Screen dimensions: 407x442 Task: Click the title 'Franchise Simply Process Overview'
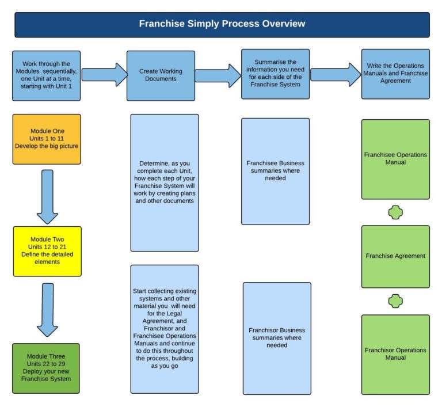tap(222, 24)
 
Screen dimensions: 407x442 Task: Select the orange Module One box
tap(47, 139)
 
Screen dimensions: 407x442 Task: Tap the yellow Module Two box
tap(47, 250)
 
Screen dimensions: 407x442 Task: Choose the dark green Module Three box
tap(46, 368)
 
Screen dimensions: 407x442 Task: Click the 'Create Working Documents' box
tap(161, 75)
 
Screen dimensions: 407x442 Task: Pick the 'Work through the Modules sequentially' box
tap(47, 75)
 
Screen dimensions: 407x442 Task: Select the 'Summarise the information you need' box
tap(275, 74)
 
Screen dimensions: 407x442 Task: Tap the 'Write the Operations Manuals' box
tap(395, 74)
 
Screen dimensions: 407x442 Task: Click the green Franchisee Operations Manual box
tap(395, 159)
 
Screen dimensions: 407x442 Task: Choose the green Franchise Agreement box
tap(395, 256)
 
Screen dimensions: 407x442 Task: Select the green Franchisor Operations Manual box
tap(395, 354)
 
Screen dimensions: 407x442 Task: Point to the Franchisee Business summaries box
tap(275, 171)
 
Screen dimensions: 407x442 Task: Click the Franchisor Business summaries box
tap(277, 338)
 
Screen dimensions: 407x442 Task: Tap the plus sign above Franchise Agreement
tap(395, 212)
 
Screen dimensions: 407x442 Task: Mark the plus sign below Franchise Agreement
tap(395, 301)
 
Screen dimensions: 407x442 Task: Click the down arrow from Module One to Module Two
tap(47, 196)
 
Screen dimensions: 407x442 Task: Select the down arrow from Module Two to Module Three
tap(47, 309)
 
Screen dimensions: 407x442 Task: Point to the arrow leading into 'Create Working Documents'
tap(104, 74)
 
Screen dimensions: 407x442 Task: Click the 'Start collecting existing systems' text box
tap(164, 329)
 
